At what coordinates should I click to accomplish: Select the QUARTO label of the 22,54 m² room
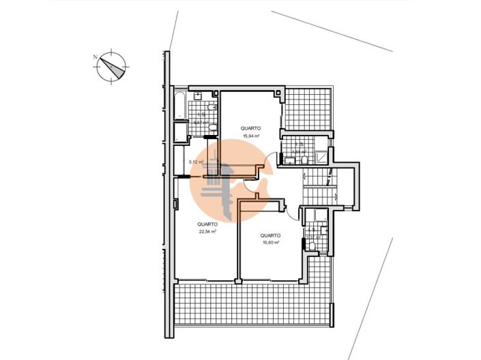point(207,224)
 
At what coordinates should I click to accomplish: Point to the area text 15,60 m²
point(270,242)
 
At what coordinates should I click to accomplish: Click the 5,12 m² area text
point(196,162)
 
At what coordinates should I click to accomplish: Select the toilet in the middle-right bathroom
point(290,161)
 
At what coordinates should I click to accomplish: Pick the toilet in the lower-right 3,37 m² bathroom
point(312,246)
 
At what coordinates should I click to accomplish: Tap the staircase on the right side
point(318,185)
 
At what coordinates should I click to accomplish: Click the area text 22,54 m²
point(207,232)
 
